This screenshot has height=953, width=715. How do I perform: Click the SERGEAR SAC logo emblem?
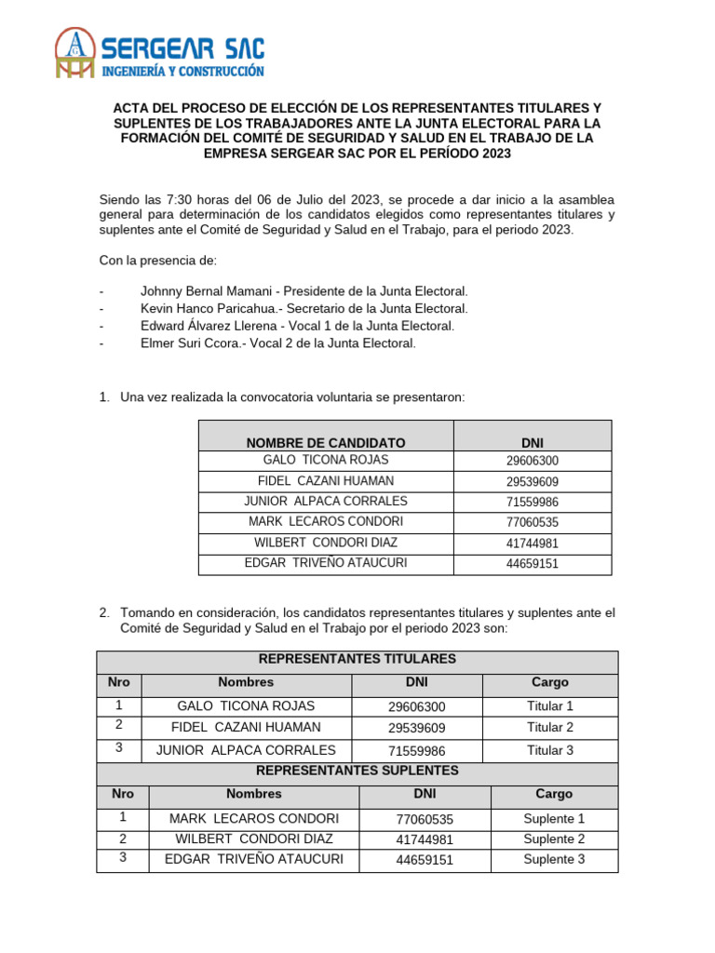74,52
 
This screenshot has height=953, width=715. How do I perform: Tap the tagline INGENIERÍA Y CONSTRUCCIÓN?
182,71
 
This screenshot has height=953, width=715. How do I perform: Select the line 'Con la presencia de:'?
157,260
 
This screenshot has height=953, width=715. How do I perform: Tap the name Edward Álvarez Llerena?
209,326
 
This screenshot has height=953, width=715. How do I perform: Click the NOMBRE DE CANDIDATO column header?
326,442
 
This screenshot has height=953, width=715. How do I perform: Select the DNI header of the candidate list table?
533,442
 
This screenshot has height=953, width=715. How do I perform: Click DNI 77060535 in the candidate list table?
533,522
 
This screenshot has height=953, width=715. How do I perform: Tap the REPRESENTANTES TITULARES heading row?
357,659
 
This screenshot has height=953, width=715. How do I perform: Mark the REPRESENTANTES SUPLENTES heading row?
357,771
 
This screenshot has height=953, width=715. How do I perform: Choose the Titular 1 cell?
550,706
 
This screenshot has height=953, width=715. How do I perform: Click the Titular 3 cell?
550,750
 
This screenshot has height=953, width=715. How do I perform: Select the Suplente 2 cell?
554,839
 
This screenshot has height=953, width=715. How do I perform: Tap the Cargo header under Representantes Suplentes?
554,794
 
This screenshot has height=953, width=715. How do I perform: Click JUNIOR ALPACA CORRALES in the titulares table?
246,750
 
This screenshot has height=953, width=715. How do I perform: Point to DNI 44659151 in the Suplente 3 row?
425,860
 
